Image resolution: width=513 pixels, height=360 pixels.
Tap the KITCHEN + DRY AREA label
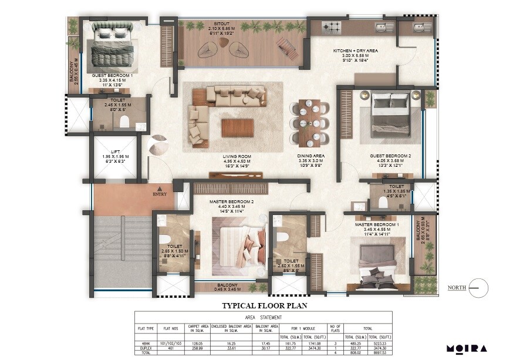pyautogui.click(x=356, y=51)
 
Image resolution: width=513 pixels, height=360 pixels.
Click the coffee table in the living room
pyautogui.click(x=238, y=127)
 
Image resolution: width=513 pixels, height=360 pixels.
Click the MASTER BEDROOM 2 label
pyautogui.click(x=231, y=202)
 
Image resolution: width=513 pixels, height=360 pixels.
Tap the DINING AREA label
pyautogui.click(x=310, y=156)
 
